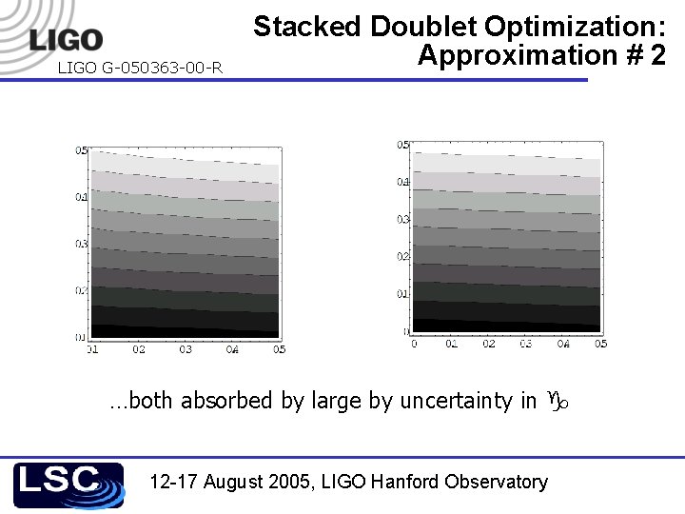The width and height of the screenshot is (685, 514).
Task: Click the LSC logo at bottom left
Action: [68, 484]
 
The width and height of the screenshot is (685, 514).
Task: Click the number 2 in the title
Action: [657, 55]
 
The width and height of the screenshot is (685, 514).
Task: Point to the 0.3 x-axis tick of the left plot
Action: [186, 349]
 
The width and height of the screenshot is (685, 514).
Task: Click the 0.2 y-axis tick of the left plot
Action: [82, 289]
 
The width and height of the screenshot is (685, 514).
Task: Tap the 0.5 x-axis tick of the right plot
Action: [600, 344]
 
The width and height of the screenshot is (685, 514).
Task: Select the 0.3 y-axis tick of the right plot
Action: [402, 219]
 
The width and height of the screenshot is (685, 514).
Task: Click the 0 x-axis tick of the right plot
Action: [414, 344]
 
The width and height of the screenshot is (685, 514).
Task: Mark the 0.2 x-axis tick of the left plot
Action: [139, 349]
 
